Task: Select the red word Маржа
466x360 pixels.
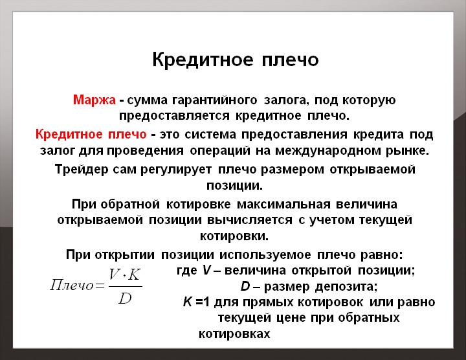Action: (x=94, y=101)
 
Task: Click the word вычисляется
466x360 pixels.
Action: (x=256, y=220)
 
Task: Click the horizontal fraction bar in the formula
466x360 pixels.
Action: (x=125, y=287)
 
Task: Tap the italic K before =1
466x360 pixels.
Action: (x=188, y=302)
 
